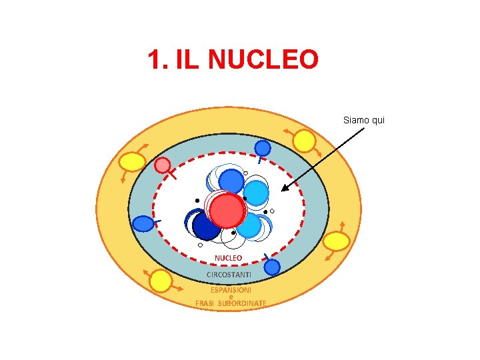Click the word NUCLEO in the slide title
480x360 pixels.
pyautogui.click(x=263, y=61)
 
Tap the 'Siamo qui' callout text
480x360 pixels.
pyautogui.click(x=364, y=120)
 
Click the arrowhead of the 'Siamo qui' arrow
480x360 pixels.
pyautogui.click(x=284, y=189)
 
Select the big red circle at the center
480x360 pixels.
pyautogui.click(x=228, y=211)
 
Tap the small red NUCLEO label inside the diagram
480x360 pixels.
pyautogui.click(x=228, y=257)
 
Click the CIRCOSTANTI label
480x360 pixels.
pyautogui.click(x=229, y=275)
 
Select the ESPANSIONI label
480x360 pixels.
pyautogui.click(x=231, y=290)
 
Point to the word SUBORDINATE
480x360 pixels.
pyautogui.click(x=242, y=303)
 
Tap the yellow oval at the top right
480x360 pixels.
pyautogui.click(x=305, y=141)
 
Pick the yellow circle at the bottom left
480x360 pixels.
pyautogui.click(x=161, y=281)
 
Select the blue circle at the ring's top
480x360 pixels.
pyautogui.click(x=263, y=148)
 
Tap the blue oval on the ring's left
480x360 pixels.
pyautogui.click(x=143, y=224)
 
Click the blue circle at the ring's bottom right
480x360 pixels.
pyautogui.click(x=272, y=267)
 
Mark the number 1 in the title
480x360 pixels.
pyautogui.click(x=155, y=61)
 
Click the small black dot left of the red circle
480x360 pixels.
pyautogui.click(x=197, y=200)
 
